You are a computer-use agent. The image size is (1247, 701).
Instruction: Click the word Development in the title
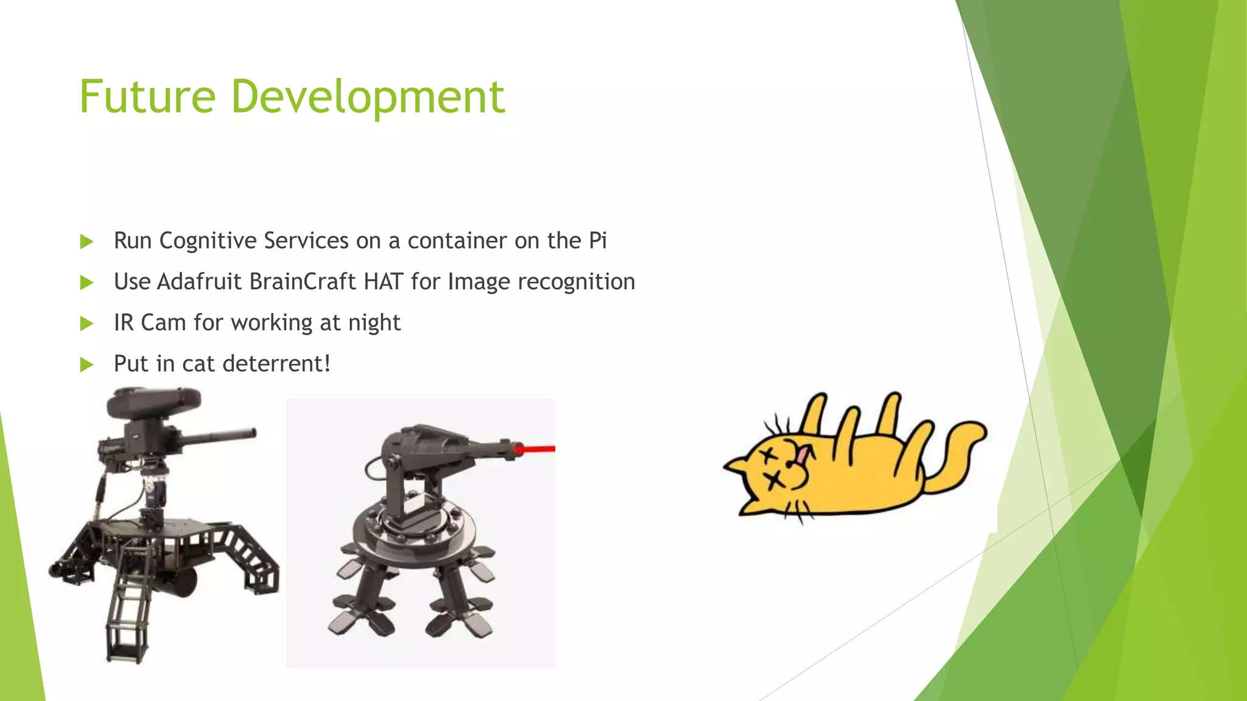pos(368,97)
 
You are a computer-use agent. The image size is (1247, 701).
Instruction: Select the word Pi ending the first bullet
pos(597,240)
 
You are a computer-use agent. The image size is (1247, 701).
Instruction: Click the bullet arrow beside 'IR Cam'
pos(86,324)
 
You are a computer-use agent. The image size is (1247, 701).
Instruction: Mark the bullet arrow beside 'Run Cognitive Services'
pos(86,242)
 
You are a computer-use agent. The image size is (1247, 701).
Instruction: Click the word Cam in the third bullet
pos(163,323)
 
